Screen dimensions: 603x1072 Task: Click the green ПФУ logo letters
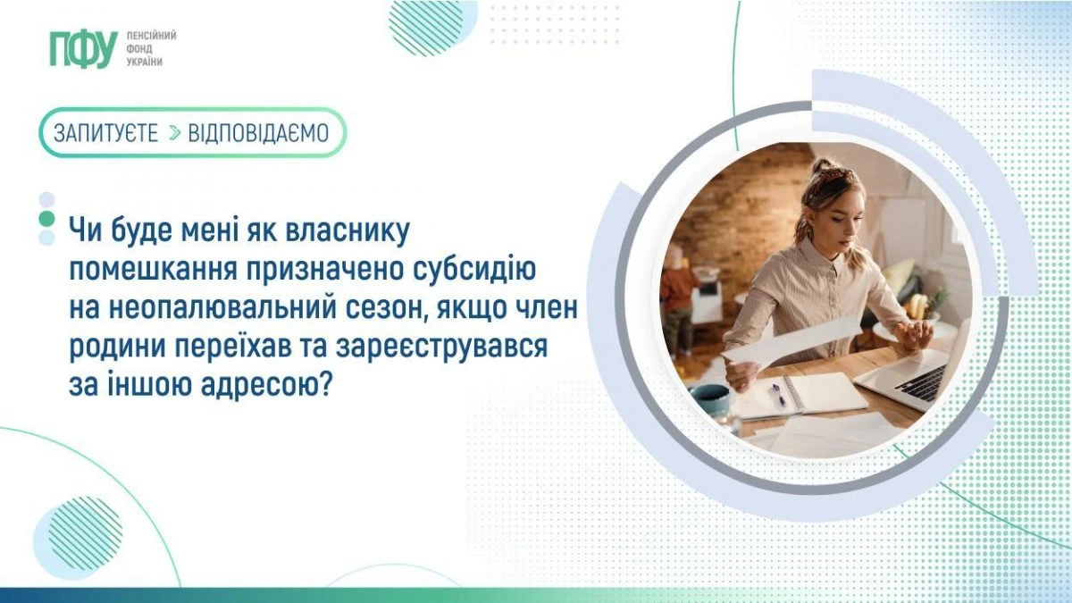click(x=83, y=49)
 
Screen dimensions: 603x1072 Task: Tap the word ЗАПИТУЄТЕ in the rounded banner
click(x=105, y=133)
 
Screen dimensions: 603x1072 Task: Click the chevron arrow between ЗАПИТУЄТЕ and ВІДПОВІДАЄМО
click(x=173, y=133)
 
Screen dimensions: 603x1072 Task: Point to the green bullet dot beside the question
click(x=46, y=218)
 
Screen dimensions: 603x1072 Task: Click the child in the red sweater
click(x=676, y=286)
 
